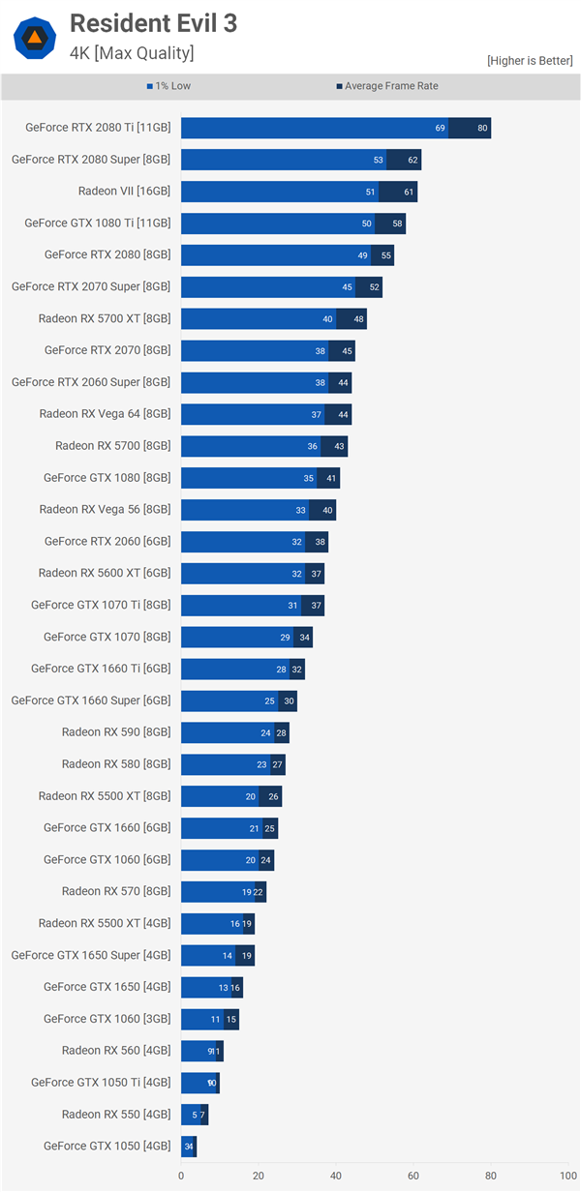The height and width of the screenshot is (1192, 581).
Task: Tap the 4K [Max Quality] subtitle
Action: (x=132, y=52)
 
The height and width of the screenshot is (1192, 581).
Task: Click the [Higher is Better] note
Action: (x=530, y=61)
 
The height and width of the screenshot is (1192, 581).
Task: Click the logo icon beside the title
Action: (x=34, y=38)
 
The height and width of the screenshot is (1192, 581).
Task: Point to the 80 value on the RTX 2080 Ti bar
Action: (x=482, y=128)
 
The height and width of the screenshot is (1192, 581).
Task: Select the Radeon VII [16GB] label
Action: (x=124, y=191)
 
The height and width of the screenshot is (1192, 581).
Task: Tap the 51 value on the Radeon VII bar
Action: (x=370, y=192)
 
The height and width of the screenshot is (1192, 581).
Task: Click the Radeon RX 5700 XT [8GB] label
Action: (x=105, y=318)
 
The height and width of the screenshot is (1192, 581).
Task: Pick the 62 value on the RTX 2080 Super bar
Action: (x=413, y=160)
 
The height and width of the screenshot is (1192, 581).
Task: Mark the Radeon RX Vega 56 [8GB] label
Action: (x=105, y=509)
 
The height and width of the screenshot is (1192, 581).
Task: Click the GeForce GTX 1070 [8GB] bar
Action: (x=246, y=637)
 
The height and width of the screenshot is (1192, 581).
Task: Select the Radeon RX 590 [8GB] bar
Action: (x=234, y=732)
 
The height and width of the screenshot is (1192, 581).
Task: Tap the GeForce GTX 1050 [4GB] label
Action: (x=107, y=1146)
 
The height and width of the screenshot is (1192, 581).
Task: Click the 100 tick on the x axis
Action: (x=567, y=1176)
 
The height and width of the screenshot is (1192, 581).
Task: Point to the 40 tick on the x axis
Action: (x=336, y=1176)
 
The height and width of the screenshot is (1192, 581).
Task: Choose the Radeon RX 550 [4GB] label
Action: (x=116, y=1114)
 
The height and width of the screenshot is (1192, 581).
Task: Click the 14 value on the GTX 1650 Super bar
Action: (x=228, y=955)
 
